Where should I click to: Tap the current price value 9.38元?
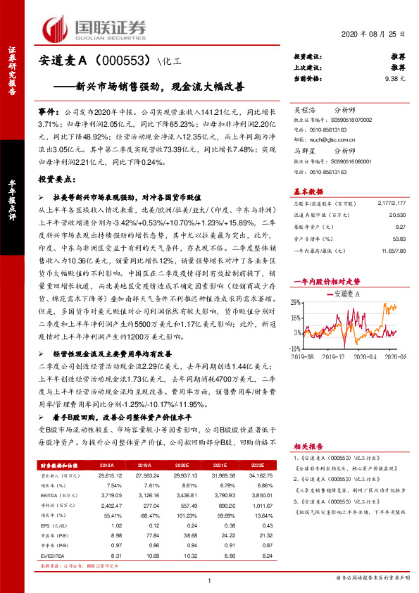(396, 79)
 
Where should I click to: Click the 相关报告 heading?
(308, 447)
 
